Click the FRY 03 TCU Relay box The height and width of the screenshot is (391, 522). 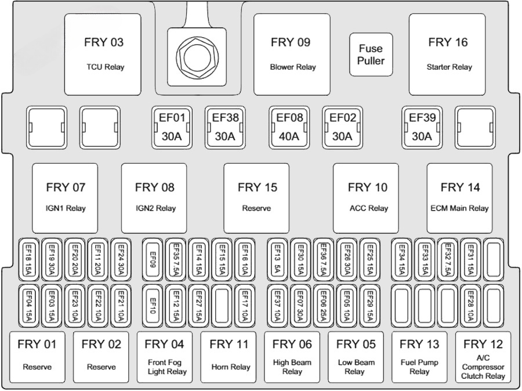click(102, 55)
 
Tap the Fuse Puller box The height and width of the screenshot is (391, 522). click(371, 55)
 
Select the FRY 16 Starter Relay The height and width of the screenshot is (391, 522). click(447, 55)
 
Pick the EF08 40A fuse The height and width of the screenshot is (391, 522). click(289, 128)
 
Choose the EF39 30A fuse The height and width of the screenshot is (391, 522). click(422, 128)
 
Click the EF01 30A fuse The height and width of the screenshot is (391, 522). click(172, 128)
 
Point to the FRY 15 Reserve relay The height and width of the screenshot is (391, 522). click(256, 197)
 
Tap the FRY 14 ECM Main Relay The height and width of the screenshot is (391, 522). click(459, 197)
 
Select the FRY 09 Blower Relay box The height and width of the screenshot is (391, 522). click(292, 55)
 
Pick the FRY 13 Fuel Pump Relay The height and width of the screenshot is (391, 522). click(419, 356)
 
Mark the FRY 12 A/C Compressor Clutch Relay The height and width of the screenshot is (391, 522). click(483, 356)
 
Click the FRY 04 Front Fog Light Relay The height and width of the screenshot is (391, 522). click(166, 356)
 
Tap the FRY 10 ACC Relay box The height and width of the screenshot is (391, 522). click(365, 197)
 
